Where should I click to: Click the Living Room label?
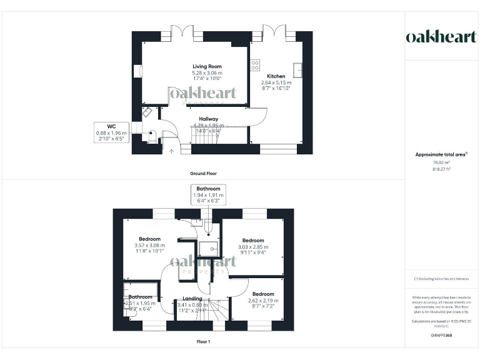click(x=206, y=66)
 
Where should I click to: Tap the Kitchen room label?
click(x=273, y=76)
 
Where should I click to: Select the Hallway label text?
click(x=208, y=118)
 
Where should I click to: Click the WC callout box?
click(x=111, y=133)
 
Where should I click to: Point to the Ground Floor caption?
click(x=203, y=173)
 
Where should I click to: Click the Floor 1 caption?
click(x=203, y=342)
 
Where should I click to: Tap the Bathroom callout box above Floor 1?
click(x=208, y=195)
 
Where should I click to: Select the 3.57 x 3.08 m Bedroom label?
click(x=149, y=239)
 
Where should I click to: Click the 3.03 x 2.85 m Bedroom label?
click(x=253, y=241)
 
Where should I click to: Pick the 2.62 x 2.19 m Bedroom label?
click(x=263, y=294)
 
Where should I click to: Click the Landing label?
click(x=192, y=299)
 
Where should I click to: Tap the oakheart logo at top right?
click(x=441, y=37)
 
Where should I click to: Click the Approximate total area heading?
click(x=440, y=154)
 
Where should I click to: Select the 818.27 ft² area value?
click(x=441, y=169)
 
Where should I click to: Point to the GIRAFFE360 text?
click(x=441, y=336)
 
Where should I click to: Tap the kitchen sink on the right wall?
click(x=298, y=70)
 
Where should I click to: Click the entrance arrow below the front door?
click(x=172, y=151)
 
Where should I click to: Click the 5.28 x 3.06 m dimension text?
click(x=206, y=72)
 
